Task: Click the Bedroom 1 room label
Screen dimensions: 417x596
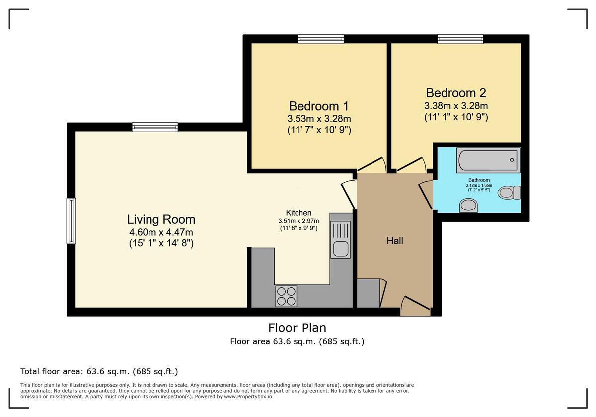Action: [x=318, y=106]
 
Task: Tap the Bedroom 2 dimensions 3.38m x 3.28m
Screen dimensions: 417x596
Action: [x=455, y=106]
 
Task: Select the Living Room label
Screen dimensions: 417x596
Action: [x=161, y=219]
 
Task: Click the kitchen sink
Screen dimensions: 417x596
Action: [x=341, y=240]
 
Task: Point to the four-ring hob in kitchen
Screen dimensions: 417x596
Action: [x=286, y=296]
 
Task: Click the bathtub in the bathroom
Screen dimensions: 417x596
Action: [x=489, y=160]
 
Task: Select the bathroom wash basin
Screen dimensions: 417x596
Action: [x=468, y=205]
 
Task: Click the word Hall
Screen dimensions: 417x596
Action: [x=395, y=241]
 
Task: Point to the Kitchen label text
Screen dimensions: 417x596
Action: [x=298, y=213]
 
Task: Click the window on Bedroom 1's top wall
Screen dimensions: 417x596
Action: [x=321, y=39]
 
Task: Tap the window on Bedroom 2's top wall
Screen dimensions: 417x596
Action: [x=460, y=39]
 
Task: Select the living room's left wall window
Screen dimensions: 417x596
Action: [x=72, y=220]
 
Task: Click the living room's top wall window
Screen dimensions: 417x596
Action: [x=155, y=127]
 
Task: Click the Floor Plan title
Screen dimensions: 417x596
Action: [x=297, y=328]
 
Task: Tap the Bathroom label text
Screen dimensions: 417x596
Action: [x=479, y=180]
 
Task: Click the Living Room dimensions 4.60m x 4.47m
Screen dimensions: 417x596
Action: [x=161, y=232]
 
